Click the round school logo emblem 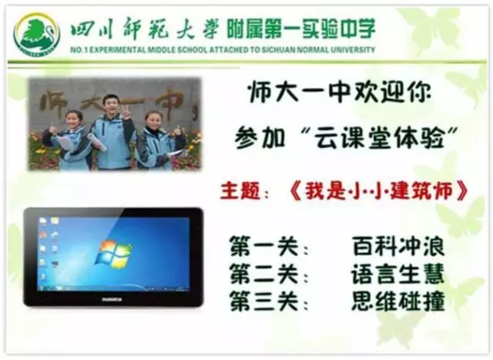click(36, 34)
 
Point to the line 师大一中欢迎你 click(339, 92)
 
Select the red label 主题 click(240, 190)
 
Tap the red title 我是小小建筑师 click(380, 190)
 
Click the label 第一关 click(264, 247)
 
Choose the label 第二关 click(264, 274)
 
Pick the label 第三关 click(264, 301)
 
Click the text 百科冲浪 click(398, 246)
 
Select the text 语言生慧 click(398, 274)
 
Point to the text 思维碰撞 click(398, 301)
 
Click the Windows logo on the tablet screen click(114, 253)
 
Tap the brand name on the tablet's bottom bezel click(112, 299)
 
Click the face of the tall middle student click(111, 105)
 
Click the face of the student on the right click(153, 122)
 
